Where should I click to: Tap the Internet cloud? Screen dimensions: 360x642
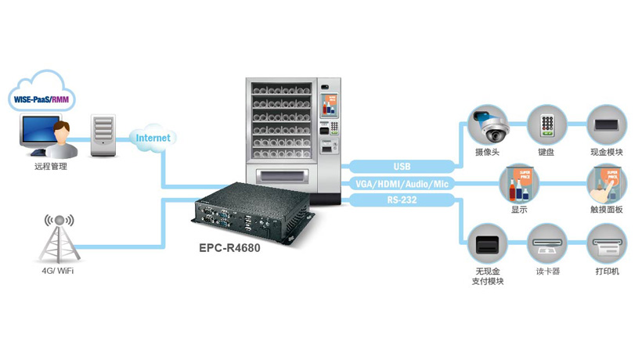coord(153,138)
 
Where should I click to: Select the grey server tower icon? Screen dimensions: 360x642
coord(103,135)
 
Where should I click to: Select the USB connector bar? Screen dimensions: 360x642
coord(402,166)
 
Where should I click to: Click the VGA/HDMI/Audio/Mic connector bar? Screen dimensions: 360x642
coord(402,183)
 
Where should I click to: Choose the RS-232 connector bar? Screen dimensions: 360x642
coord(402,200)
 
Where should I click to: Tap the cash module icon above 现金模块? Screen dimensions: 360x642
coord(607,124)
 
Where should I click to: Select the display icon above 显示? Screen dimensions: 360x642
coord(519,183)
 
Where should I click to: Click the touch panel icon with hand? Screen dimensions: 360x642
coord(607,183)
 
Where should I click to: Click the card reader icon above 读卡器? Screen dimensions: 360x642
coord(546,243)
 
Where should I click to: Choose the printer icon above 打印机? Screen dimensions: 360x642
coord(607,243)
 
